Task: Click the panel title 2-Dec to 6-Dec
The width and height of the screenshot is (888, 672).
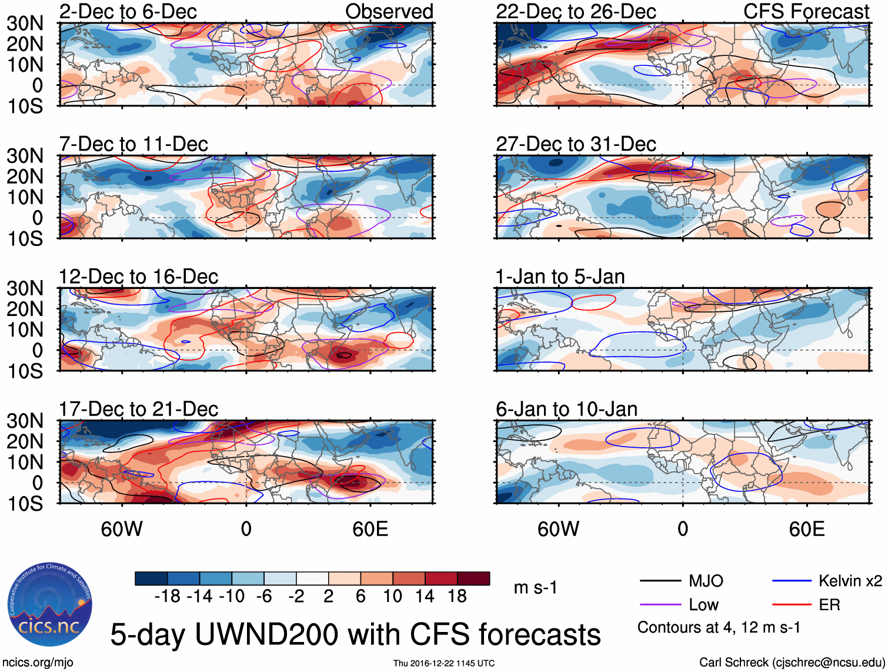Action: coord(128,11)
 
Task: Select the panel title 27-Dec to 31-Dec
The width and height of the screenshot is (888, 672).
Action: coord(576,144)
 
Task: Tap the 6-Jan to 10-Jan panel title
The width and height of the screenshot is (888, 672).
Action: coord(566,409)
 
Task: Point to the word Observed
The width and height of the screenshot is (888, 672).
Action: coord(389,11)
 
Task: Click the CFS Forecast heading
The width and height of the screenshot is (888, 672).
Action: coord(806,11)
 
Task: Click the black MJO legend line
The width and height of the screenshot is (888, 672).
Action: coord(660,581)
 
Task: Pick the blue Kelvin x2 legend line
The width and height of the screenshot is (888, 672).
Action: coord(792,581)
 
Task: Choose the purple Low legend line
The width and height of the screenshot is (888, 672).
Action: coord(660,605)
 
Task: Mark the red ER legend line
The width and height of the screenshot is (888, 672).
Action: coord(792,605)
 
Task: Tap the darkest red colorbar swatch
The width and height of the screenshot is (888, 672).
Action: coord(473,578)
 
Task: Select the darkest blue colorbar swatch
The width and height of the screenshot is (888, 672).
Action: coord(151,578)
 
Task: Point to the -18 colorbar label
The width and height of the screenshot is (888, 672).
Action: coord(167,597)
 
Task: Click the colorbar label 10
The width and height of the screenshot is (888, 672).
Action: coord(392,597)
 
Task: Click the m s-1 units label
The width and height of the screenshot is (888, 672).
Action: coord(535,588)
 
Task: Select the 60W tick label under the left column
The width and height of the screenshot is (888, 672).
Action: coord(122,529)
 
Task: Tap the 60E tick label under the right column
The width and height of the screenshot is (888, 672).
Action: coord(806,529)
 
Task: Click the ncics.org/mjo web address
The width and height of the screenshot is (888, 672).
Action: coord(38,663)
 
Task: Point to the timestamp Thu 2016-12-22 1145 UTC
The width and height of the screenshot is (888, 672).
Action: coord(444,663)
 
